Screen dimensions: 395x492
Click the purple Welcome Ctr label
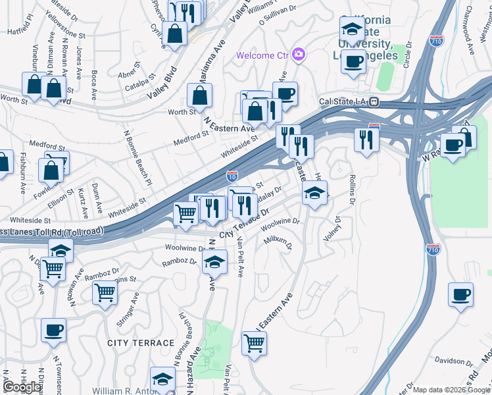pos(263,55)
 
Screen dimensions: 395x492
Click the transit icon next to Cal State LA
pos(374,102)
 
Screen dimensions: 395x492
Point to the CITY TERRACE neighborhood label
pos(141,343)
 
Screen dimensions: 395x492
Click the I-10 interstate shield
pos(232,176)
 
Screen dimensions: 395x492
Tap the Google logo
pos(22,386)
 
